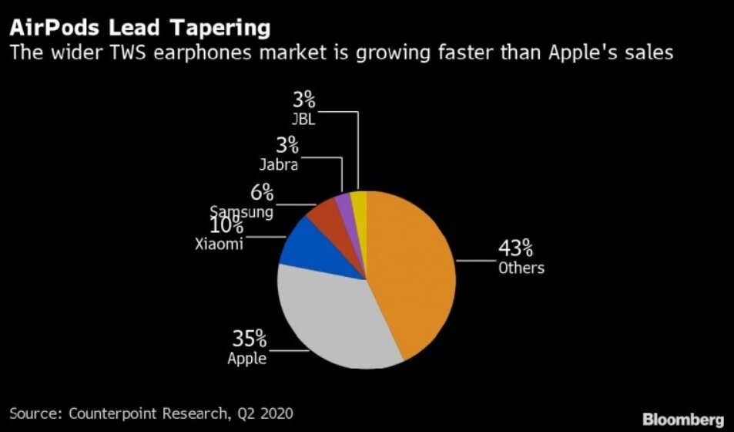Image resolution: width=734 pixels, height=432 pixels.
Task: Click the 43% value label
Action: [515, 248]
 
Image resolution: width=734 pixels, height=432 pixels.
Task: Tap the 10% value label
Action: [227, 227]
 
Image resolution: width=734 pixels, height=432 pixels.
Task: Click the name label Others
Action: [521, 268]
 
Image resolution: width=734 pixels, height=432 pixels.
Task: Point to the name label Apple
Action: [246, 358]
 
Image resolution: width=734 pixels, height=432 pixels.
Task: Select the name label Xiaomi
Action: [219, 245]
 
